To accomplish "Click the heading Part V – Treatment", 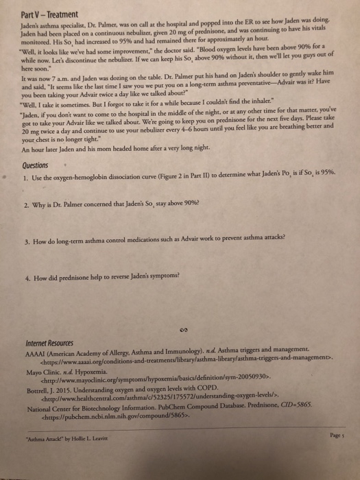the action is (x=45, y=12).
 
